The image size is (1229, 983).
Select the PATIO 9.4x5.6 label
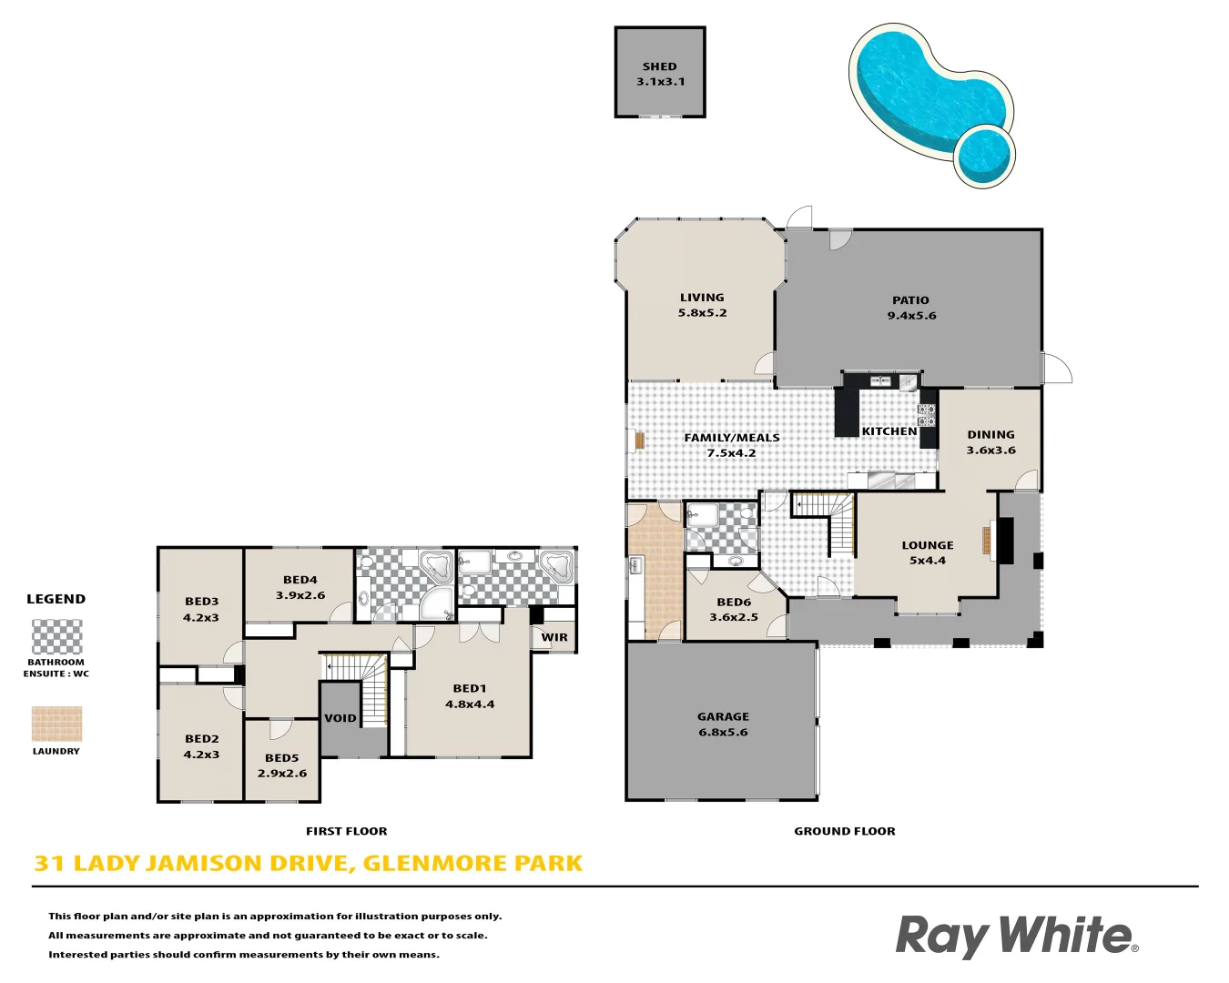click(911, 308)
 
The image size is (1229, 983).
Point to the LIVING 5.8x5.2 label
click(702, 305)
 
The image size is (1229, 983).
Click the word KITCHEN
click(889, 431)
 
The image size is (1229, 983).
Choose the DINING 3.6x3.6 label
click(990, 442)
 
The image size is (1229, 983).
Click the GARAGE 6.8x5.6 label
click(723, 725)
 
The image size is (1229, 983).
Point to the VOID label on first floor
click(340, 718)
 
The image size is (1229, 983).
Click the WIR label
click(554, 637)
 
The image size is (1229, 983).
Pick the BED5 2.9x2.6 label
click(282, 765)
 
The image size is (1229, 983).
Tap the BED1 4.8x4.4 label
click(470, 696)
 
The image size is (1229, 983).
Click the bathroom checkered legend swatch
click(56, 637)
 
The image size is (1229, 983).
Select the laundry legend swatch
click(56, 725)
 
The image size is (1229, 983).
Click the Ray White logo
click(1016, 936)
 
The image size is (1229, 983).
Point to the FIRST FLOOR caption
click(346, 831)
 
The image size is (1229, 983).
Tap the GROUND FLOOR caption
click(844, 831)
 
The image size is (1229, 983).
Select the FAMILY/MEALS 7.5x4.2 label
click(732, 445)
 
